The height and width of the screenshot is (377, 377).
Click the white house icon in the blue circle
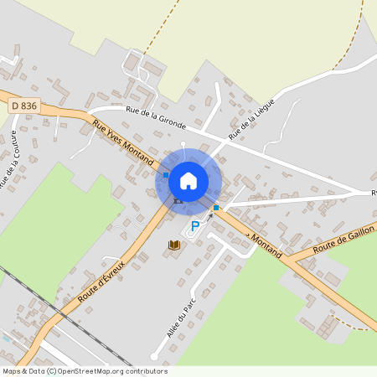pyautogui.click(x=188, y=180)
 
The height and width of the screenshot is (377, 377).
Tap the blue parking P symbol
pyautogui.click(x=196, y=225)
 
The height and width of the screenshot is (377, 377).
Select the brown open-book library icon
pyautogui.click(x=174, y=245)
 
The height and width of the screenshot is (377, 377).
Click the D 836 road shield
pyautogui.click(x=25, y=105)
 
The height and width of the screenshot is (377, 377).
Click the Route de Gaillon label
pyautogui.click(x=341, y=244)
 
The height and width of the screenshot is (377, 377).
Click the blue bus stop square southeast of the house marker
pyautogui.click(x=216, y=207)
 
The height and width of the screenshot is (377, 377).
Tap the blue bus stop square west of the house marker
pyautogui.click(x=166, y=174)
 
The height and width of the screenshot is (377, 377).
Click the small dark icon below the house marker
pyautogui.click(x=177, y=201)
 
